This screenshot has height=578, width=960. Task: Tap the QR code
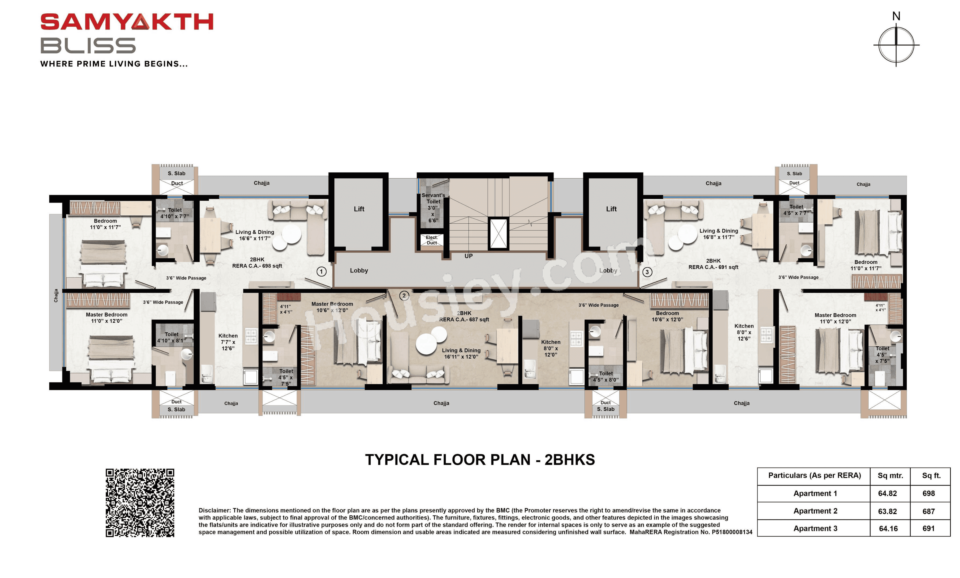coord(140,502)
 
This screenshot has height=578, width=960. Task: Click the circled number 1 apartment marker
coord(321,271)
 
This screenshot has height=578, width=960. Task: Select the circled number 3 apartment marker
coord(647,272)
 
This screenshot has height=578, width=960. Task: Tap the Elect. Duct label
coord(431,240)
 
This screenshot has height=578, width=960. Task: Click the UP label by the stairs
coord(468,256)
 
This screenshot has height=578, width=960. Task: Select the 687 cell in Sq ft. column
coord(928,511)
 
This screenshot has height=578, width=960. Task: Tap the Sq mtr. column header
coord(890,476)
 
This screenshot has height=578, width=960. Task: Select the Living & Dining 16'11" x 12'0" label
coord(461,353)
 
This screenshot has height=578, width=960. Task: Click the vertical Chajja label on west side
coord(56,295)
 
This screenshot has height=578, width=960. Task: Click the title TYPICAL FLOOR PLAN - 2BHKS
coord(480,460)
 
